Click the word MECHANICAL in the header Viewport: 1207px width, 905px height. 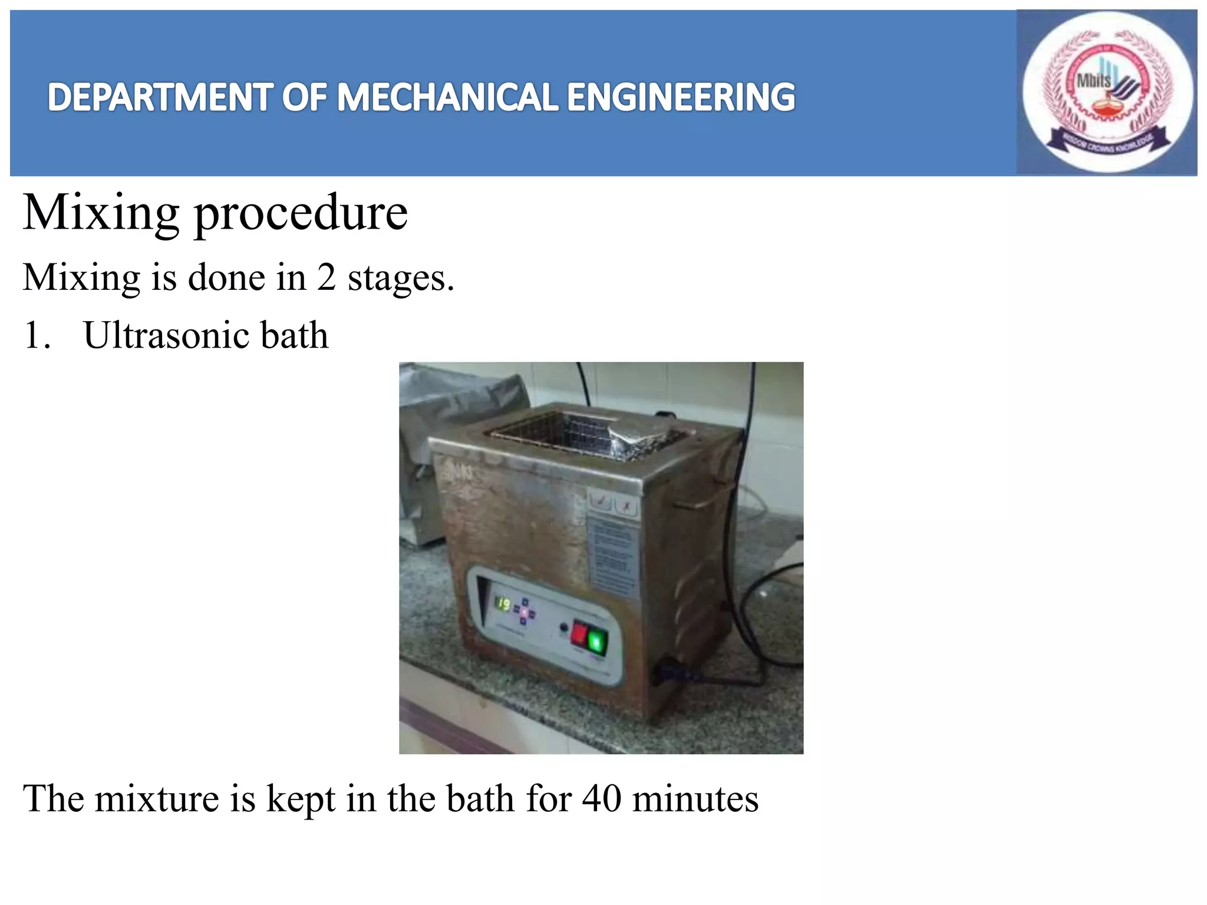click(x=447, y=97)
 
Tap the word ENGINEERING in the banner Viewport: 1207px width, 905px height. click(x=681, y=97)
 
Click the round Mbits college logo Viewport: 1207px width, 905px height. click(x=1107, y=93)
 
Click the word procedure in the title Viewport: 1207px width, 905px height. click(x=301, y=213)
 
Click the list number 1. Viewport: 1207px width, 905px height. click(x=35, y=336)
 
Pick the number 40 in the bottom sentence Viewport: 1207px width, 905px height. click(x=602, y=799)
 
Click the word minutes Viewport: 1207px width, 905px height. click(x=695, y=799)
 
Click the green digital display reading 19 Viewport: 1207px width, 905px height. click(x=503, y=603)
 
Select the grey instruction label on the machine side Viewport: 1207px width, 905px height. click(x=613, y=557)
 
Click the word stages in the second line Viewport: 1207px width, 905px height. click(x=401, y=278)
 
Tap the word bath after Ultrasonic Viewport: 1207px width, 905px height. click(x=294, y=335)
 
